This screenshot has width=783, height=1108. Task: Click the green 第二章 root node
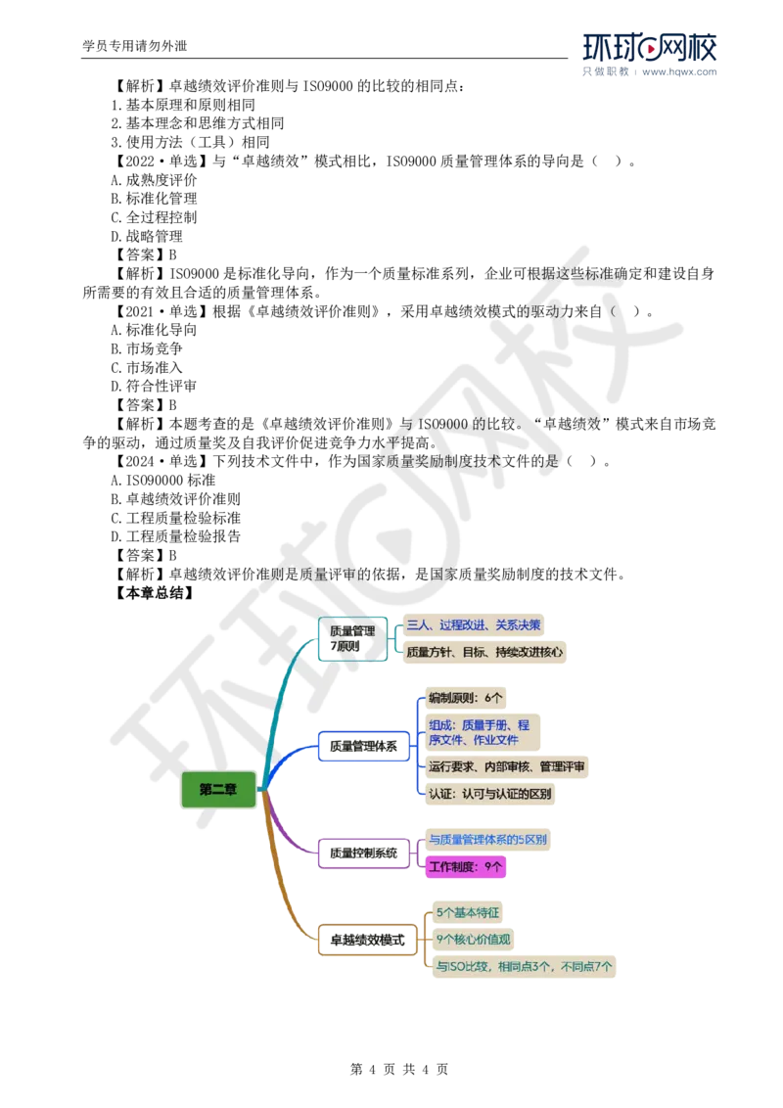click(218, 789)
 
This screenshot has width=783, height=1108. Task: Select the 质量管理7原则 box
click(352, 639)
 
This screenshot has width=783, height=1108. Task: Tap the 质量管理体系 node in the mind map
click(364, 746)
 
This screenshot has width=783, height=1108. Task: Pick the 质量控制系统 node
click(364, 854)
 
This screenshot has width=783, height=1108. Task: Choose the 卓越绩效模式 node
click(367, 940)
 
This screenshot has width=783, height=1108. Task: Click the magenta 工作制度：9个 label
click(466, 866)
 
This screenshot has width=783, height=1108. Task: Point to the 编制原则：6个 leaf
click(466, 698)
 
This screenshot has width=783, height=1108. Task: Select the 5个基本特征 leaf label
click(468, 913)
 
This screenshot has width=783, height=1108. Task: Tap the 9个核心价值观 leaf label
click(473, 940)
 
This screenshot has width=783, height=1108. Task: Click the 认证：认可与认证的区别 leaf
click(490, 794)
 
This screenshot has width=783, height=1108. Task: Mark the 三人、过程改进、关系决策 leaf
click(474, 624)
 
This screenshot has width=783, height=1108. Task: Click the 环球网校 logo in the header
click(650, 48)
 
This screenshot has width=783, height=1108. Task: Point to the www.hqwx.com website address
click(679, 72)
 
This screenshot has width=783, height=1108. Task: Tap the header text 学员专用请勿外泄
click(135, 46)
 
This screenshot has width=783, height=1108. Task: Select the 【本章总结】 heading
click(153, 593)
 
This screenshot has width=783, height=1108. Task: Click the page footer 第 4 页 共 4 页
click(399, 1069)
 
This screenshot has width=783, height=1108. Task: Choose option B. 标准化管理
click(154, 199)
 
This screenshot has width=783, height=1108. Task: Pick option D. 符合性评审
click(154, 386)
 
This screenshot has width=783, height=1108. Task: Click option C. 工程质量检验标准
click(176, 518)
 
